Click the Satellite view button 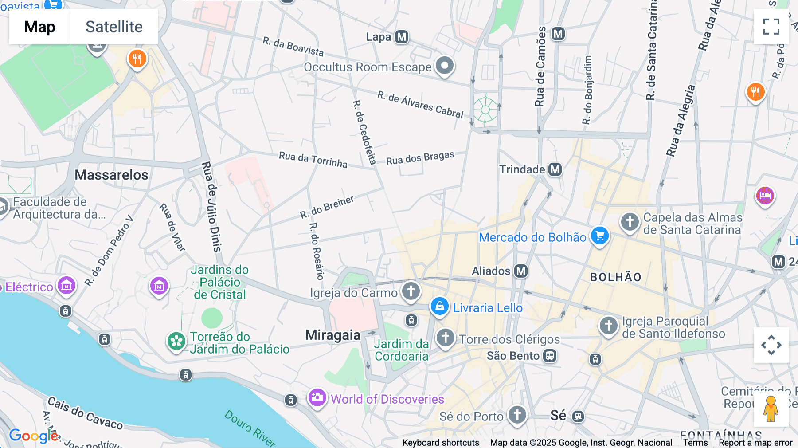(x=114, y=27)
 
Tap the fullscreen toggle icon (x=771, y=27)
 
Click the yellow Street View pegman (x=771, y=409)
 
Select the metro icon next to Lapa (x=402, y=37)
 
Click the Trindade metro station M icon (x=555, y=169)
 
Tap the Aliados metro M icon (x=521, y=271)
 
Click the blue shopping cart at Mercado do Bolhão (x=600, y=236)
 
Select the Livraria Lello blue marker (x=439, y=307)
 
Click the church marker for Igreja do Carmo (x=411, y=291)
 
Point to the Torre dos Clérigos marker (x=446, y=338)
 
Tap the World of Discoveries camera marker (x=317, y=398)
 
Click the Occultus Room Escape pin (x=445, y=66)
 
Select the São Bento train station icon (x=550, y=356)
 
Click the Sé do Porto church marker (x=517, y=415)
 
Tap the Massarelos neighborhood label (x=111, y=175)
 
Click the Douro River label (x=250, y=428)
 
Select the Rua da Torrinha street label (x=313, y=159)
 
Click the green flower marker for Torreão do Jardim (x=176, y=342)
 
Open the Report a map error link (x=755, y=443)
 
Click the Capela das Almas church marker (x=630, y=222)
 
